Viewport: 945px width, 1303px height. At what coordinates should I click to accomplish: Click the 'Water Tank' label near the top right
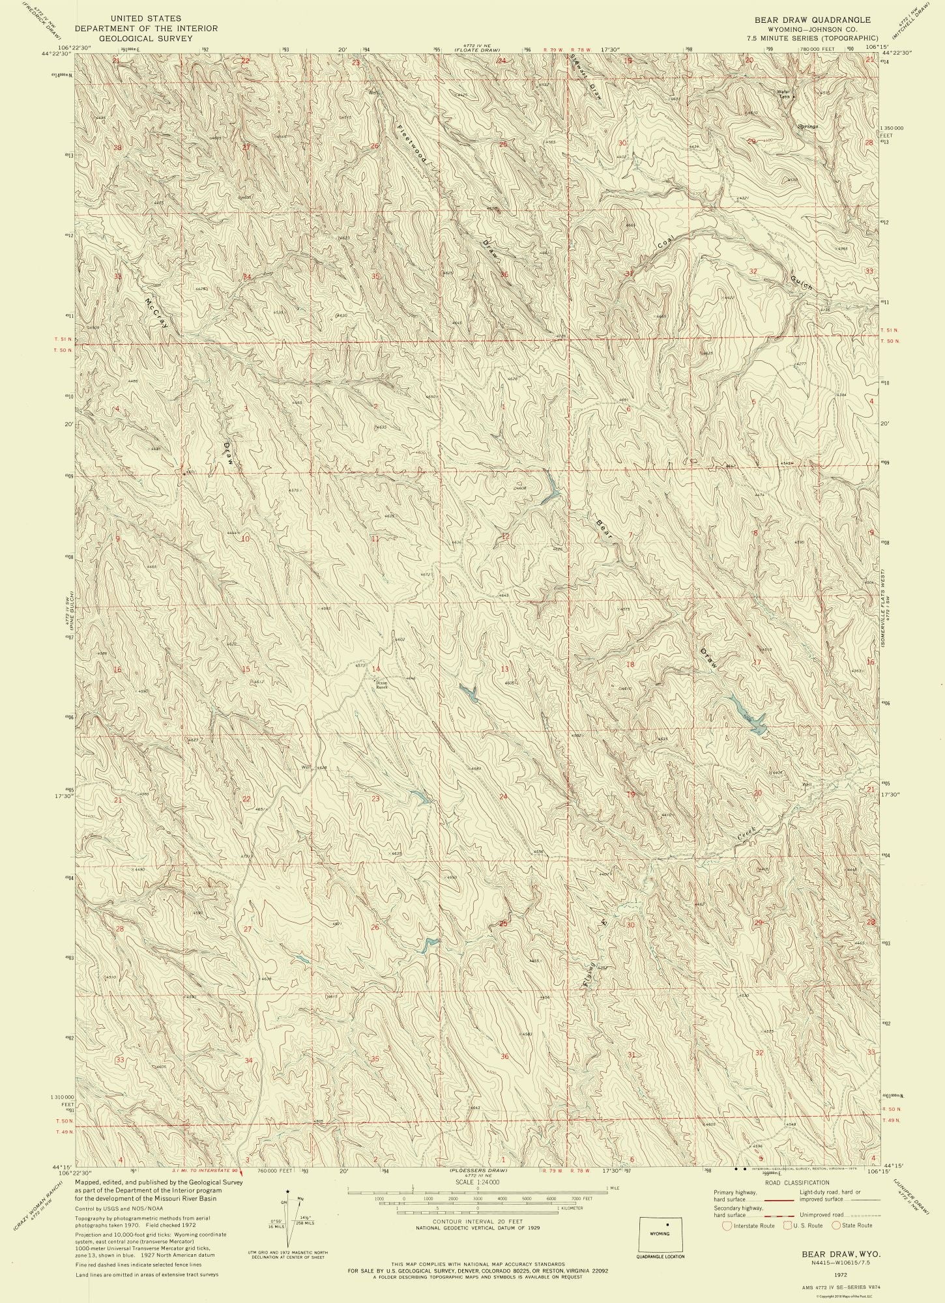[x=783, y=93]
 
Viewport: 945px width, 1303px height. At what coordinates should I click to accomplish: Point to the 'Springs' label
[x=807, y=126]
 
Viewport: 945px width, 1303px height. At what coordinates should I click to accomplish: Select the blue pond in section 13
[x=469, y=693]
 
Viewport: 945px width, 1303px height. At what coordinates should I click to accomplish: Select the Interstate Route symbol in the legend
[x=727, y=1225]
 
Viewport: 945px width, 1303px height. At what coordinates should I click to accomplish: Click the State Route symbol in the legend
[x=836, y=1225]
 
